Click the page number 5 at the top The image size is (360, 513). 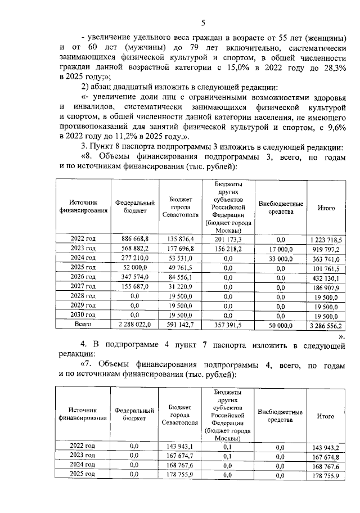(x=204, y=22)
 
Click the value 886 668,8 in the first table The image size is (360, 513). (x=135, y=239)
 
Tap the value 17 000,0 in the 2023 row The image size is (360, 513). (x=281, y=249)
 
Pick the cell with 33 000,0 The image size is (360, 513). (x=281, y=259)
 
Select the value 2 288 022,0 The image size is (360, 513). (x=135, y=325)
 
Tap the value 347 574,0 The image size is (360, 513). (x=135, y=277)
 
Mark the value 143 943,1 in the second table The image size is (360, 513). (x=181, y=446)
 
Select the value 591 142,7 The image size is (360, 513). (x=181, y=325)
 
